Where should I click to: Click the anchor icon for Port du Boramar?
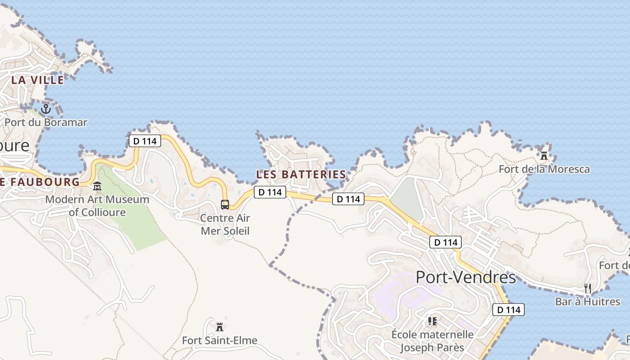(x=45, y=109)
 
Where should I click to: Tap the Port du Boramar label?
(x=46, y=122)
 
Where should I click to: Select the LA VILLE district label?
(x=38, y=80)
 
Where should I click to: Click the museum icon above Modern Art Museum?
(x=97, y=186)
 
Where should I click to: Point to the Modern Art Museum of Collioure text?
(x=97, y=205)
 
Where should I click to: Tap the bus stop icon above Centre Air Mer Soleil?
(x=225, y=205)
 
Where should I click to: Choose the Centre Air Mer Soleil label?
(x=225, y=225)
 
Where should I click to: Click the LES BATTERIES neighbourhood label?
(x=301, y=174)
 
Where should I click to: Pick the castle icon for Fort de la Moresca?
(x=544, y=156)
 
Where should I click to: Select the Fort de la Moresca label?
(x=544, y=169)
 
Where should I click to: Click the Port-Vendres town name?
(x=466, y=277)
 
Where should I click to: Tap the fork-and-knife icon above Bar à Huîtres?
(x=588, y=288)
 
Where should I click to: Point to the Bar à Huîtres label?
(x=588, y=301)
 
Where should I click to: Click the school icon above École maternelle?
(x=432, y=321)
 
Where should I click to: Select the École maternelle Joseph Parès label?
(x=432, y=341)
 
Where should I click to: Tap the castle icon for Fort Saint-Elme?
(x=220, y=327)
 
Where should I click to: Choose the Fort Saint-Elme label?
(x=220, y=340)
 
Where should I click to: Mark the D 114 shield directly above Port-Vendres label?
(x=446, y=242)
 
